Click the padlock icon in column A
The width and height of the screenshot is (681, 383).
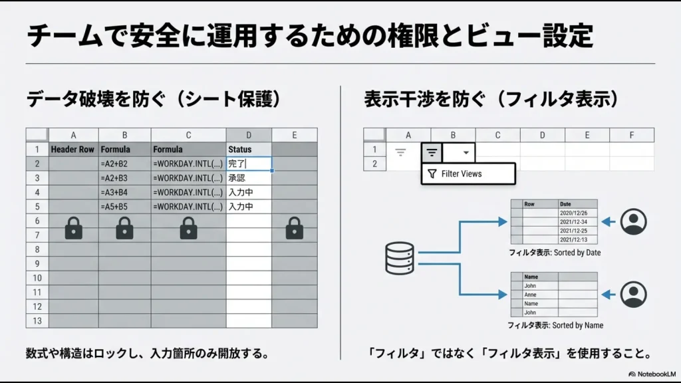pos(73,229)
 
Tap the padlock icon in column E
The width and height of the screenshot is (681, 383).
pos(295,229)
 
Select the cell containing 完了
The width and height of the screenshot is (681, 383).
pos(249,164)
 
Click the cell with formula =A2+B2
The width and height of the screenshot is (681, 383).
pos(124,164)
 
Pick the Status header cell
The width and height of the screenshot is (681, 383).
pos(249,149)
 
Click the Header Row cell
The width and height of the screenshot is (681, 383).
pos(73,149)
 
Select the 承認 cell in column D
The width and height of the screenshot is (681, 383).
pos(249,178)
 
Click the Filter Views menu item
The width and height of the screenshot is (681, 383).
pos(468,174)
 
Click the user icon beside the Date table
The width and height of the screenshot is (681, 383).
pos(633,222)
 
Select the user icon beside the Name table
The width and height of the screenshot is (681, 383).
pos(633,293)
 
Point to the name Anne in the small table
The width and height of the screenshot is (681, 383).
pos(531,295)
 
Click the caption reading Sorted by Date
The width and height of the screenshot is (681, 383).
pos(555,253)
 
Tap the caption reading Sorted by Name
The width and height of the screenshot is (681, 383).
pos(555,325)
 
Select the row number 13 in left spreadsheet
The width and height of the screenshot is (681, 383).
pos(37,320)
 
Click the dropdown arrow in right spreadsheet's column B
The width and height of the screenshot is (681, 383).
pos(466,152)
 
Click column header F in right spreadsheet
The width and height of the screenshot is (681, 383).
pos(631,135)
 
